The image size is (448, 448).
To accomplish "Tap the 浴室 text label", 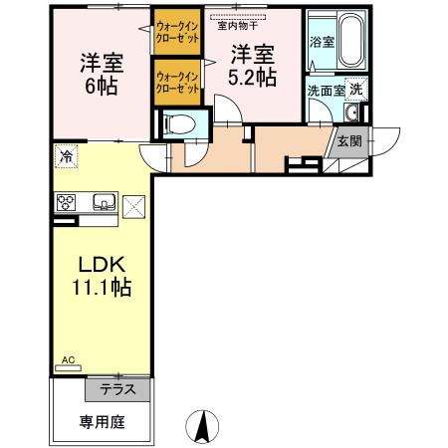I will pyautogui.click(x=323, y=43).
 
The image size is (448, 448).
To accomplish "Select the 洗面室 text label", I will pyautogui.click(x=325, y=90).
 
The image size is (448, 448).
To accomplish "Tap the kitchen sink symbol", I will pyautogui.click(x=104, y=204).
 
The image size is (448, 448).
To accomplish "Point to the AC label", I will pyautogui.click(x=69, y=360).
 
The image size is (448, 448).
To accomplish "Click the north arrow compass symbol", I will pyautogui.click(x=204, y=425).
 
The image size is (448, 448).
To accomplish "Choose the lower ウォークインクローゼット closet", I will pyautogui.click(x=177, y=81).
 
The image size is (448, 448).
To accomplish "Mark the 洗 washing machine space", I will pyautogui.click(x=355, y=88).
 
